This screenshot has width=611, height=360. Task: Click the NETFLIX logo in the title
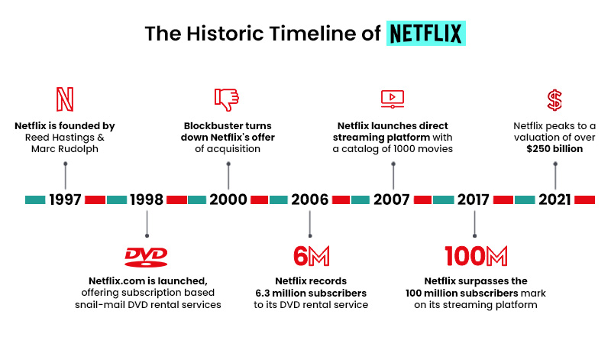click(x=426, y=34)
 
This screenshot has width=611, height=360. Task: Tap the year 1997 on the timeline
click(x=66, y=199)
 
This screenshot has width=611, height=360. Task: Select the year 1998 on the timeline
click(x=147, y=199)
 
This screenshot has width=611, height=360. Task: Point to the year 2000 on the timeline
click(x=228, y=199)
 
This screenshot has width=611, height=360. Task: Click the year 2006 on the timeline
click(x=309, y=199)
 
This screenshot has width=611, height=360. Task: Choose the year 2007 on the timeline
click(x=393, y=199)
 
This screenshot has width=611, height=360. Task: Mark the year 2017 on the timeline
click(x=474, y=199)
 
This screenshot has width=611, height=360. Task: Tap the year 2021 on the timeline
click(x=554, y=199)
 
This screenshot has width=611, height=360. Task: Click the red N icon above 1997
click(x=66, y=99)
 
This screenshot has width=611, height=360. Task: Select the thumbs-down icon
click(x=227, y=99)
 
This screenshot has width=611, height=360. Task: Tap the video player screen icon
click(x=392, y=99)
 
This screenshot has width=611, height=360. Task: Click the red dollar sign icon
click(x=554, y=99)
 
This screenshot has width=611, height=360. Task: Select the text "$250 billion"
click(x=554, y=149)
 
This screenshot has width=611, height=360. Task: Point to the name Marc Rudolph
click(x=66, y=149)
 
